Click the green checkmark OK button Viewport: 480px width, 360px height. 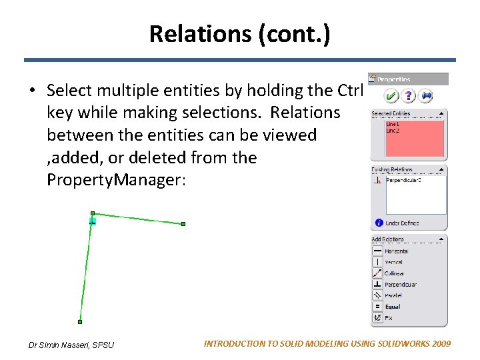(392, 96)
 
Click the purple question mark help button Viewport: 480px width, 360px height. (409, 96)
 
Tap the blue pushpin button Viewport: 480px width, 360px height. (427, 96)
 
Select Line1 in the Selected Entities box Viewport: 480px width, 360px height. (393, 124)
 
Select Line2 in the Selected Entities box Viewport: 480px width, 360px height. (393, 130)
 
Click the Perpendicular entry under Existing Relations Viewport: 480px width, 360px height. (401, 180)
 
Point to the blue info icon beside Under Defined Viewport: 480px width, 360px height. (378, 223)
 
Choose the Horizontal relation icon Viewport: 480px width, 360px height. (377, 251)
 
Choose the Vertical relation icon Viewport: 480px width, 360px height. (377, 262)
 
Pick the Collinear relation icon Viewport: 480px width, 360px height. (377, 273)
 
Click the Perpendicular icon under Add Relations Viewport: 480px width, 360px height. (377, 284)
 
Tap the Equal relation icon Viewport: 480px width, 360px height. (377, 307)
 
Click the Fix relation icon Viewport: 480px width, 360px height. (377, 318)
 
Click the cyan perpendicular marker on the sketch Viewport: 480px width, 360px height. (93, 220)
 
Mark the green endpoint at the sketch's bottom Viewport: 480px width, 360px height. (80, 322)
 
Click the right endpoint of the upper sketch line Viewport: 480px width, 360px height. (183, 224)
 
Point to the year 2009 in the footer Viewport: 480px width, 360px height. (439, 343)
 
